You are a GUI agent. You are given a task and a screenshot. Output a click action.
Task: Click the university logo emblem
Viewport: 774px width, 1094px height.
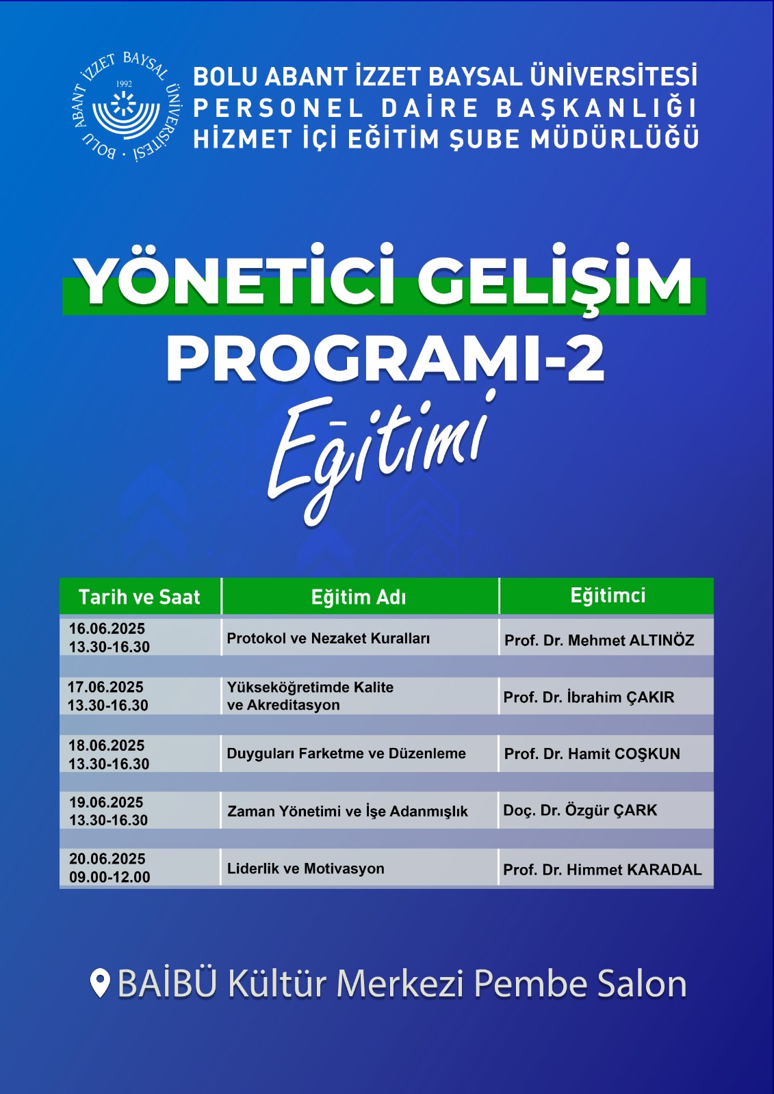126,107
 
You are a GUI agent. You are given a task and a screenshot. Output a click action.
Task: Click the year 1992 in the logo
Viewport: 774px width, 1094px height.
124,84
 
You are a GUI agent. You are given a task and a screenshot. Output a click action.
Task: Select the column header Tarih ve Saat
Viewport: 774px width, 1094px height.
140,597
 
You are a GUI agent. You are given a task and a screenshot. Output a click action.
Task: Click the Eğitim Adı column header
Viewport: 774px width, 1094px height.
359,598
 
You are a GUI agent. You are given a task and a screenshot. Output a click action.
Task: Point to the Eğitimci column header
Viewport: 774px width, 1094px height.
608,596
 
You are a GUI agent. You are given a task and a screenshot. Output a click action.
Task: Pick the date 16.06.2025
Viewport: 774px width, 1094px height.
107,628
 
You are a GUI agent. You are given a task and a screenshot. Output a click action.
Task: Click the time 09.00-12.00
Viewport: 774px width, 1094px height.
109,877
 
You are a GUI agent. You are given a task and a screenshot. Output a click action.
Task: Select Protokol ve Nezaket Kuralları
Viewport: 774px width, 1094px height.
328,639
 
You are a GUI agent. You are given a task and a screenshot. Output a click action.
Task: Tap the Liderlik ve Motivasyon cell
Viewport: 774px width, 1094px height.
306,868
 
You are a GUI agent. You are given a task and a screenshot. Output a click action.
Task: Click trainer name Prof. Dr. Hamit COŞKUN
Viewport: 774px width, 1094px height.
592,753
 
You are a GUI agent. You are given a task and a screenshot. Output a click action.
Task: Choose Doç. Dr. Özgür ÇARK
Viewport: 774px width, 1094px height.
580,810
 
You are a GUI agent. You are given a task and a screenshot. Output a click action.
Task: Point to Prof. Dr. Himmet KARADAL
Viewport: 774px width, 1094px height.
602,869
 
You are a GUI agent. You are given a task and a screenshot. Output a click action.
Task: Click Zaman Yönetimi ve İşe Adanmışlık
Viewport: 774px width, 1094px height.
348,811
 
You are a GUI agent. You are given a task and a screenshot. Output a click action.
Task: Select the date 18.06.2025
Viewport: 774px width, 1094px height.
107,746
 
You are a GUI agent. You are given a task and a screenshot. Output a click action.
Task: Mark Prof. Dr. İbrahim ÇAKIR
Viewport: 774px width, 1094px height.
589,697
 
